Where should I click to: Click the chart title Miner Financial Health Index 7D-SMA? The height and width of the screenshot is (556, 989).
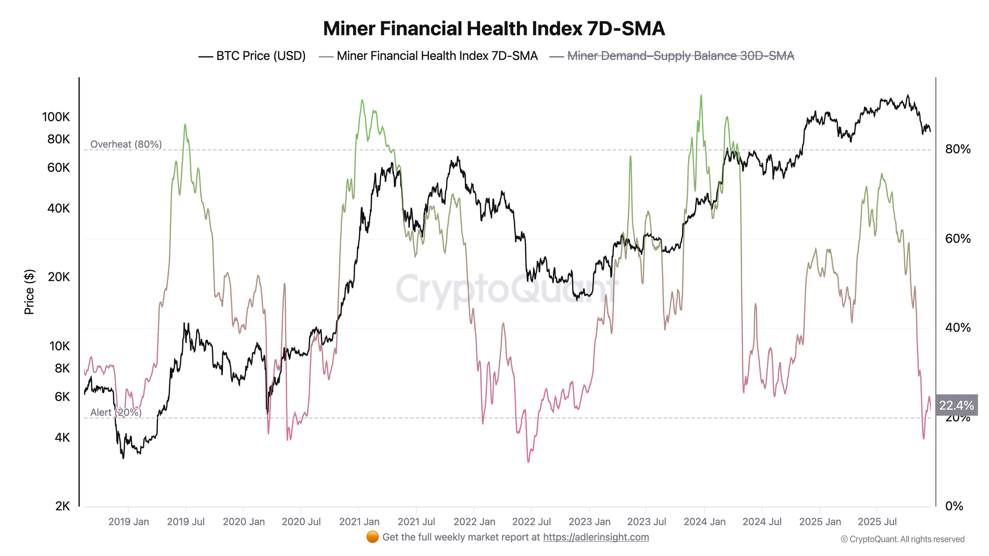coord(494,29)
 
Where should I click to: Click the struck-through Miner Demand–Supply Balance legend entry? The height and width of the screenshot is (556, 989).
coord(680,56)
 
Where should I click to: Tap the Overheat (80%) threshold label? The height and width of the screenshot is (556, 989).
coord(126,144)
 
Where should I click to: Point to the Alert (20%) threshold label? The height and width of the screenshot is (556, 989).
coord(116,412)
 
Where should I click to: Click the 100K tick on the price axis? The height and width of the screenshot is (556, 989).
coord(56,117)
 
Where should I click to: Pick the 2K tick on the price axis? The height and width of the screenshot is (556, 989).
coord(62,506)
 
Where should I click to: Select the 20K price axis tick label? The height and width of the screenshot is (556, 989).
coord(59,277)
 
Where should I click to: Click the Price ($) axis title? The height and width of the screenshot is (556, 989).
coord(30,292)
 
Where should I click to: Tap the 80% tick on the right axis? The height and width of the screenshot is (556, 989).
coord(958,149)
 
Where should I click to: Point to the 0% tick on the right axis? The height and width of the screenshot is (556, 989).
coord(954,506)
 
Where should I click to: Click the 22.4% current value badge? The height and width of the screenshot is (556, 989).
coord(956,406)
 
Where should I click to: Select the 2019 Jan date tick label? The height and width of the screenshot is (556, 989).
coord(129,521)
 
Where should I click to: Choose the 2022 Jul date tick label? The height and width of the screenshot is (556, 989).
coord(531,521)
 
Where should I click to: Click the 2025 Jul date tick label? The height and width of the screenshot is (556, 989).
coord(877,521)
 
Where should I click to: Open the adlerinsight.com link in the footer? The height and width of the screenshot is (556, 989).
coord(596,537)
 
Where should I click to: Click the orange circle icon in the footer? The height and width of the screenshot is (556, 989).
coord(372,537)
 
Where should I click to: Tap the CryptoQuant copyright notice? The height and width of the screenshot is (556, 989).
coord(902,539)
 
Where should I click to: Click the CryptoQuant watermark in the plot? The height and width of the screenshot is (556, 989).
coord(507,289)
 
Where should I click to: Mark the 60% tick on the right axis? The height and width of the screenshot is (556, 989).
coord(958,239)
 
